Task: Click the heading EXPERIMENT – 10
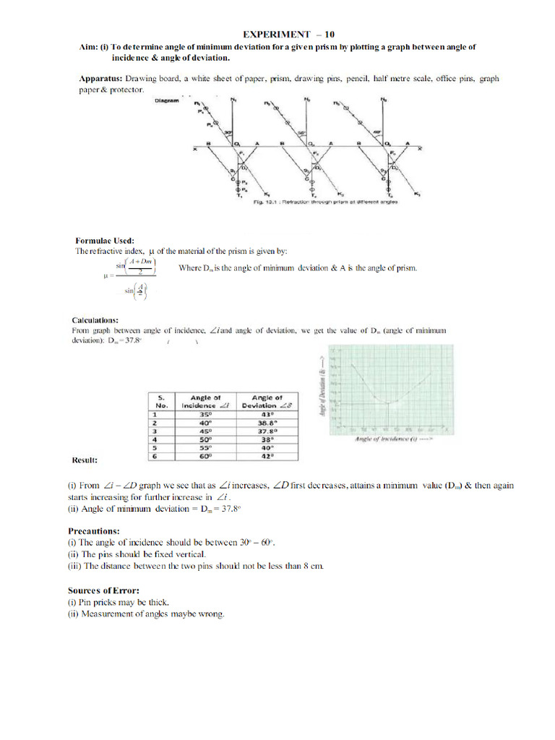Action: click(x=288, y=34)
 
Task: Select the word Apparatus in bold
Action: click(x=100, y=78)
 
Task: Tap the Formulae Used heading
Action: click(x=105, y=241)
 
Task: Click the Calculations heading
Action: click(x=95, y=319)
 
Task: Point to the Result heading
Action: click(x=85, y=460)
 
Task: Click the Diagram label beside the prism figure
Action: click(x=168, y=101)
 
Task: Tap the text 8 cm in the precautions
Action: click(x=313, y=566)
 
